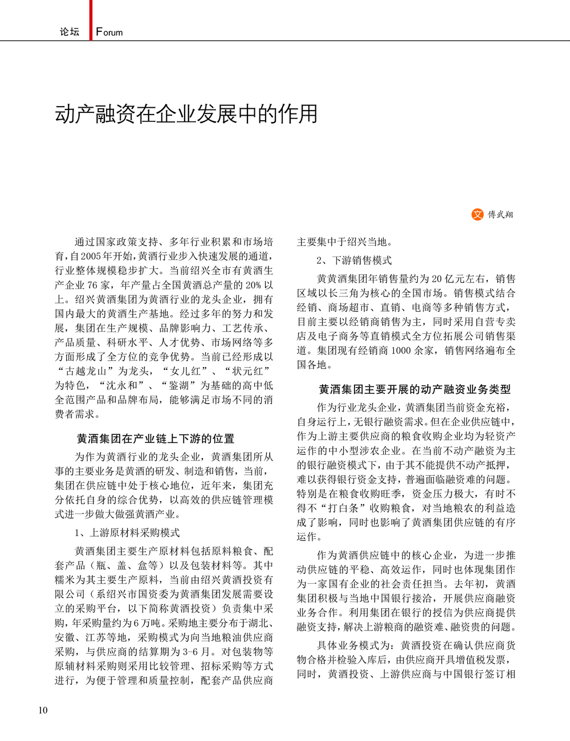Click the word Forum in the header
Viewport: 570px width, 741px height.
[109, 32]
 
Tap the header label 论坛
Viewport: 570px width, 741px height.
[70, 32]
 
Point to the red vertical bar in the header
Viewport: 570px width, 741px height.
[91, 20]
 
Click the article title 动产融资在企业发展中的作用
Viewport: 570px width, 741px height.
[186, 114]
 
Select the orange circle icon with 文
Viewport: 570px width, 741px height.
[477, 214]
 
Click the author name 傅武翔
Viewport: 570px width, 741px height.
[500, 215]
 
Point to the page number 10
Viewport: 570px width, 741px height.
[43, 710]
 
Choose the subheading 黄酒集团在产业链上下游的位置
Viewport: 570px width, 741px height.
[156, 438]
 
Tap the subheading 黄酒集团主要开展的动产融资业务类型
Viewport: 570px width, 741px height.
[415, 389]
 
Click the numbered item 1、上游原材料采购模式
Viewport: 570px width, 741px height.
[127, 532]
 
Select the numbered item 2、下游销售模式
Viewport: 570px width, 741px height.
[354, 260]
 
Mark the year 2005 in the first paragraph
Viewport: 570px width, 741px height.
[91, 256]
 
